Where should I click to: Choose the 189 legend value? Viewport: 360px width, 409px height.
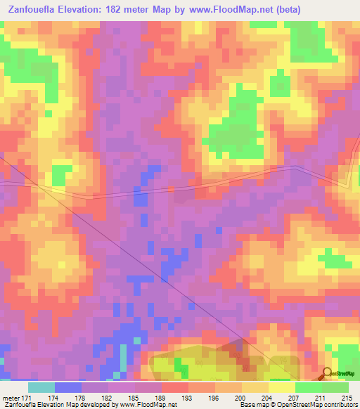pyautogui.click(x=161, y=397)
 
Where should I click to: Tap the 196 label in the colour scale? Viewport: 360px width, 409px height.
pyautogui.click(x=214, y=397)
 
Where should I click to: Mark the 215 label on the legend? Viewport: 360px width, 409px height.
pyautogui.click(x=347, y=397)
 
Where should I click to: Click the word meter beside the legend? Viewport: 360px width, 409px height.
pyautogui.click(x=10, y=397)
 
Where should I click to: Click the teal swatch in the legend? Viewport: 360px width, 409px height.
pyautogui.click(x=41, y=387)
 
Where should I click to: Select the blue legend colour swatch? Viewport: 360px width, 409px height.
pyautogui.click(x=67, y=387)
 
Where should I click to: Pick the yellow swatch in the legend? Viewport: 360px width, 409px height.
pyautogui.click(x=281, y=387)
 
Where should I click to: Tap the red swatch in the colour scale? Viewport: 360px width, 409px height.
pyautogui.click(x=174, y=387)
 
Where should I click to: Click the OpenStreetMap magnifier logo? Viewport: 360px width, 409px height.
pyautogui.click(x=327, y=373)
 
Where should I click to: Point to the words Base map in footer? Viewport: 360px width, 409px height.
pyautogui.click(x=251, y=405)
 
